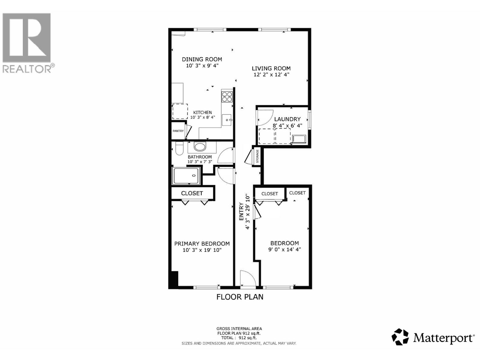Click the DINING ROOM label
[x=202, y=59]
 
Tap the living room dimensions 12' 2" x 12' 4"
[x=271, y=75]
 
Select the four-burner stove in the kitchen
[x=227, y=97]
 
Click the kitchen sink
[x=227, y=120]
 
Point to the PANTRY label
[x=178, y=131]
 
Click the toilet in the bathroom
[x=179, y=148]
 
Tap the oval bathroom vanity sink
[x=199, y=147]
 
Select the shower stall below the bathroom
[x=186, y=176]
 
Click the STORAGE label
[x=257, y=156]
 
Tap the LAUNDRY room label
[x=287, y=119]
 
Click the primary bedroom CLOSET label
[x=192, y=193]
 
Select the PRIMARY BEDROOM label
[x=202, y=244]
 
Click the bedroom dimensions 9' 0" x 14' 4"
[x=284, y=249]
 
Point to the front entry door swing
[x=248, y=278]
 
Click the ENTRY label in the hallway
[x=241, y=212]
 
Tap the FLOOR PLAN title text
[x=240, y=297]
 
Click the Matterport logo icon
[x=400, y=337]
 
